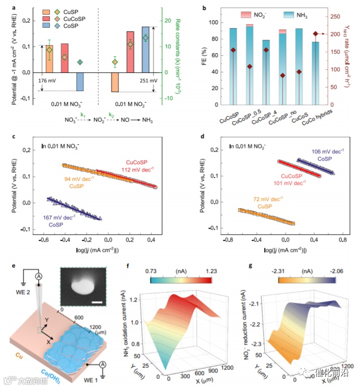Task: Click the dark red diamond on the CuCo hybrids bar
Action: click(315, 34)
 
